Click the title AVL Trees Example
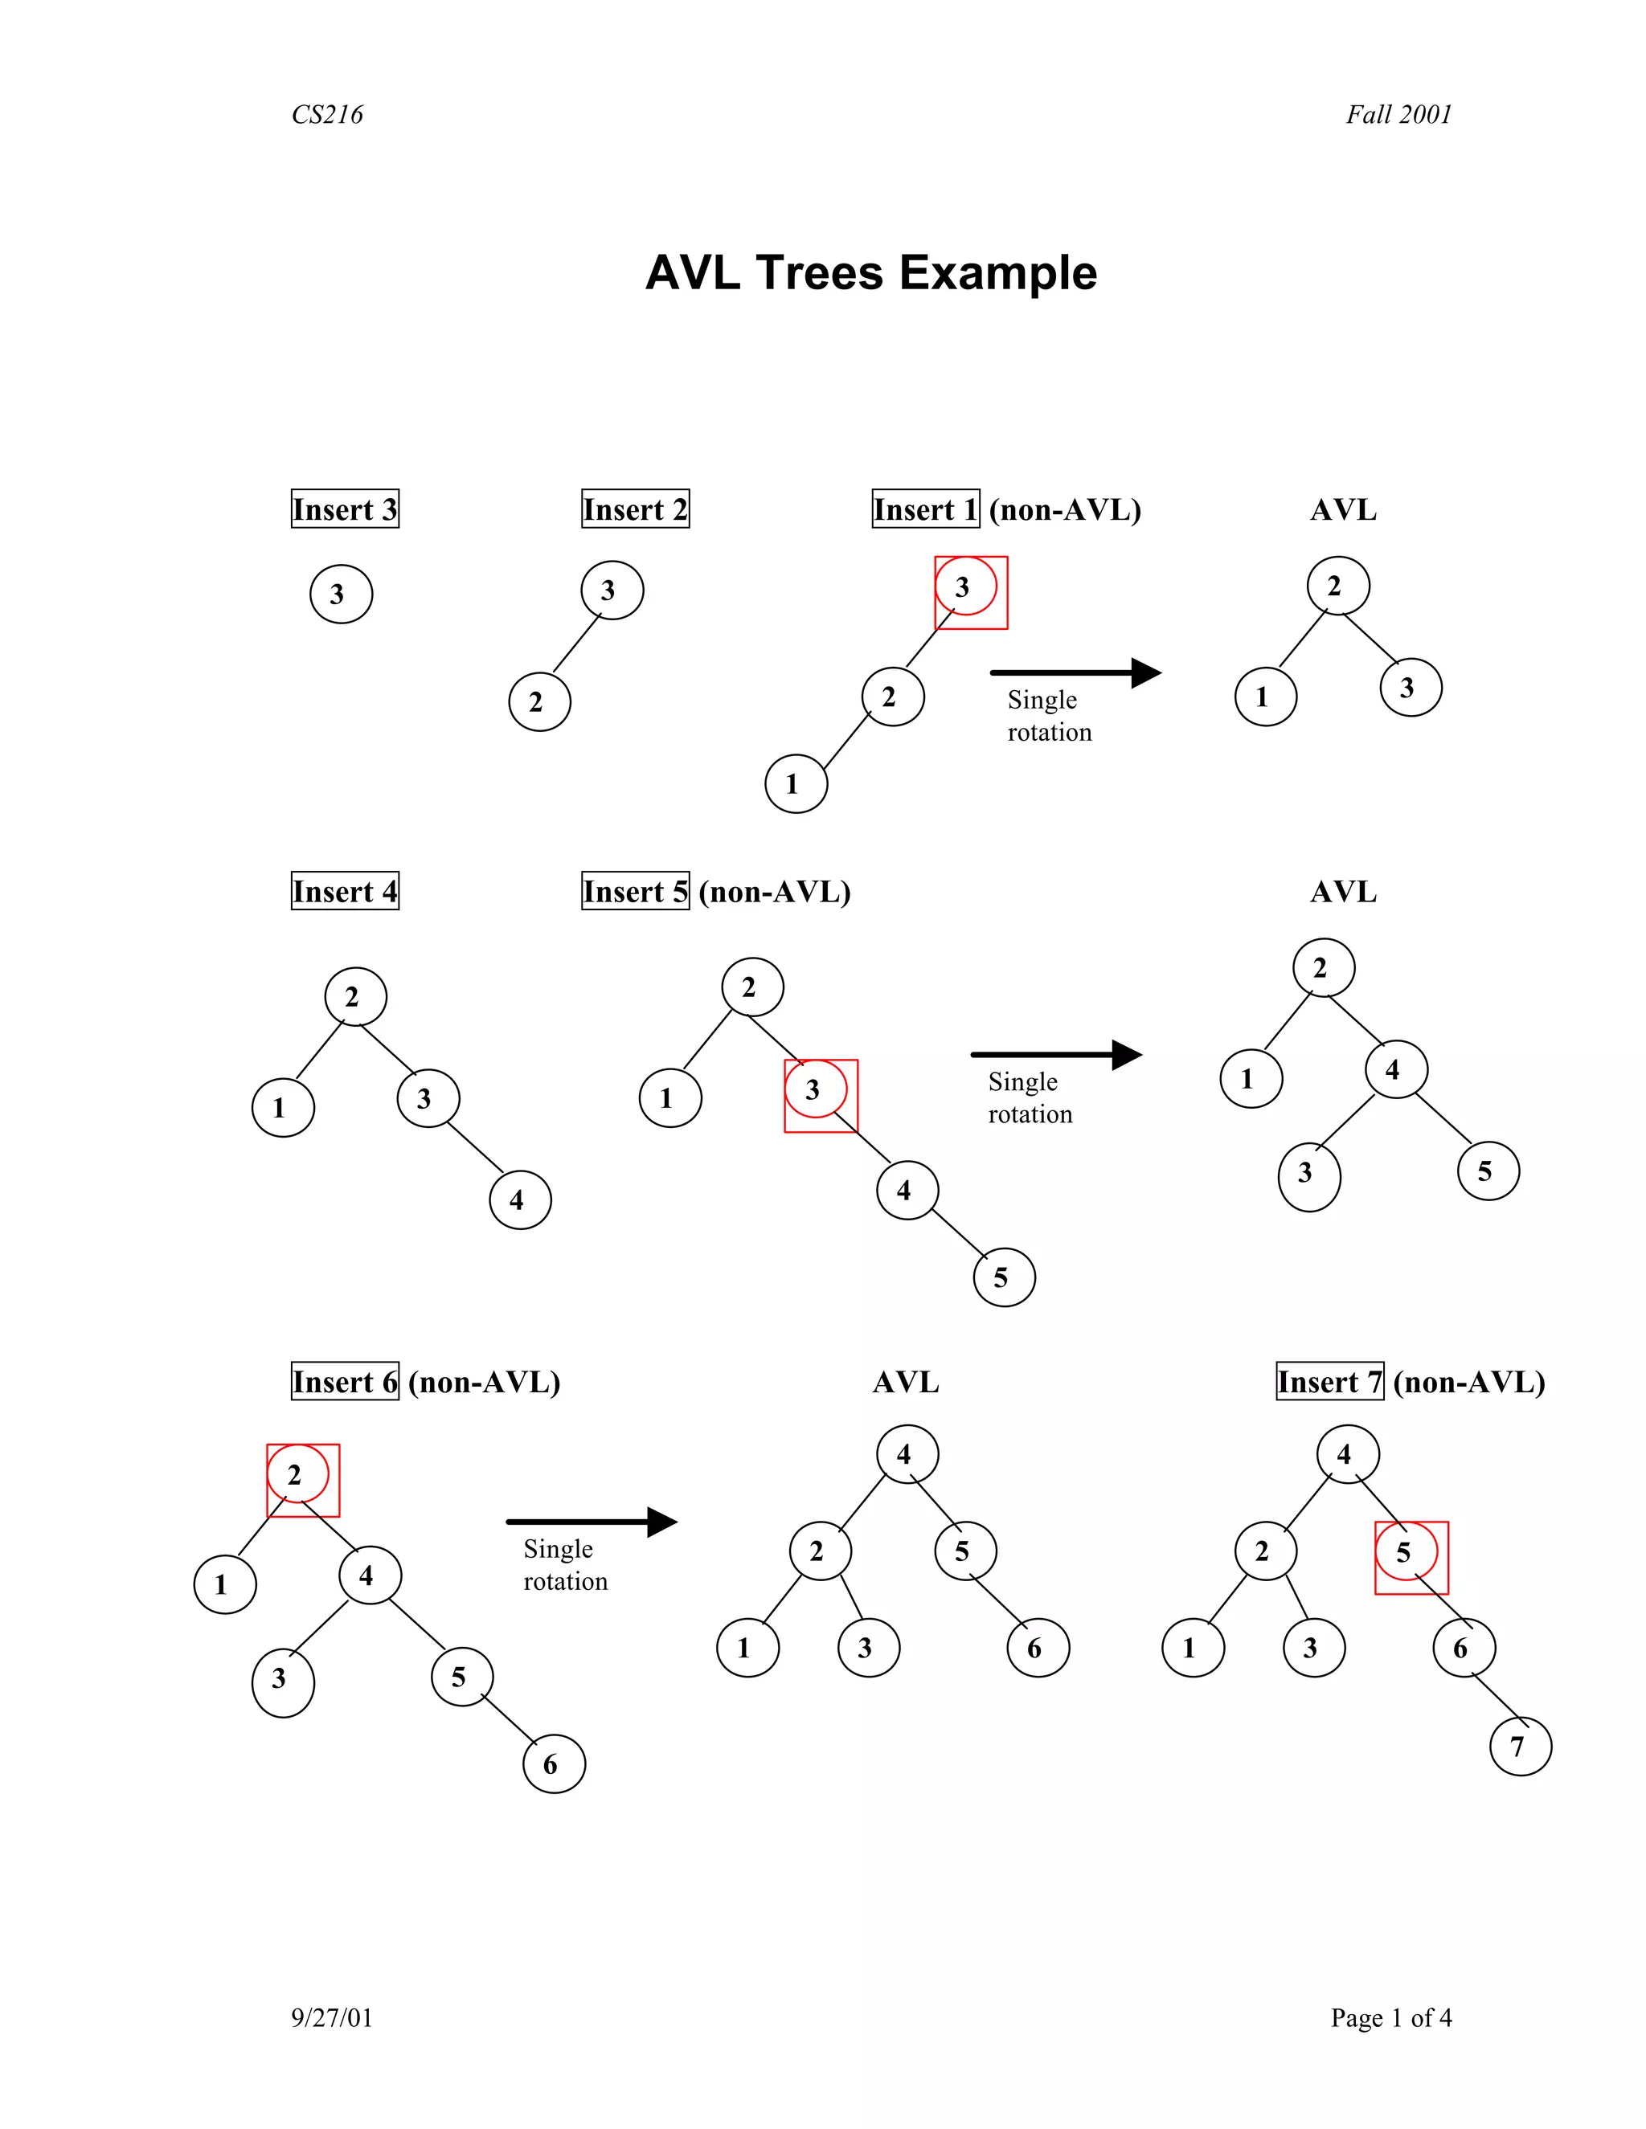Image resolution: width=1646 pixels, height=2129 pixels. click(x=870, y=273)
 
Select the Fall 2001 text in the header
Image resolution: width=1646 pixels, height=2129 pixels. click(x=1398, y=115)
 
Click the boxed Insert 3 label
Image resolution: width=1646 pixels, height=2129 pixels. click(x=345, y=509)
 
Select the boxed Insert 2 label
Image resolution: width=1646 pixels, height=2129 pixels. click(x=635, y=509)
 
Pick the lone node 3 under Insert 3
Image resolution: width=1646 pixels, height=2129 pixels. click(x=340, y=594)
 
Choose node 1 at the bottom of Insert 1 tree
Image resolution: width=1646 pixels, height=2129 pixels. click(x=796, y=784)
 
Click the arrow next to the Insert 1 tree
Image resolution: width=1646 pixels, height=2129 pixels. click(x=1075, y=672)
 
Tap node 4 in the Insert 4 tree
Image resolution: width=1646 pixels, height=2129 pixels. click(x=520, y=1200)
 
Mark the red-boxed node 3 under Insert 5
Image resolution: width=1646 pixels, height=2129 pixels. click(x=817, y=1091)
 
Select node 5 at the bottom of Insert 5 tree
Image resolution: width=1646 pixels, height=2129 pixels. click(x=1003, y=1277)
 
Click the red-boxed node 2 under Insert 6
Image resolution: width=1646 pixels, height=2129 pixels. click(x=298, y=1476)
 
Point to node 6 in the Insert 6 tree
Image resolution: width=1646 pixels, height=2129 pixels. click(x=554, y=1763)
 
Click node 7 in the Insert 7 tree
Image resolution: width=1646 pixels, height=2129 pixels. click(x=1520, y=1746)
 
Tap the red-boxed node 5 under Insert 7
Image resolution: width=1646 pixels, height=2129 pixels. click(x=1407, y=1553)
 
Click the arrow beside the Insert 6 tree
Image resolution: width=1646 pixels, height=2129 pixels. click(x=591, y=1522)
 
